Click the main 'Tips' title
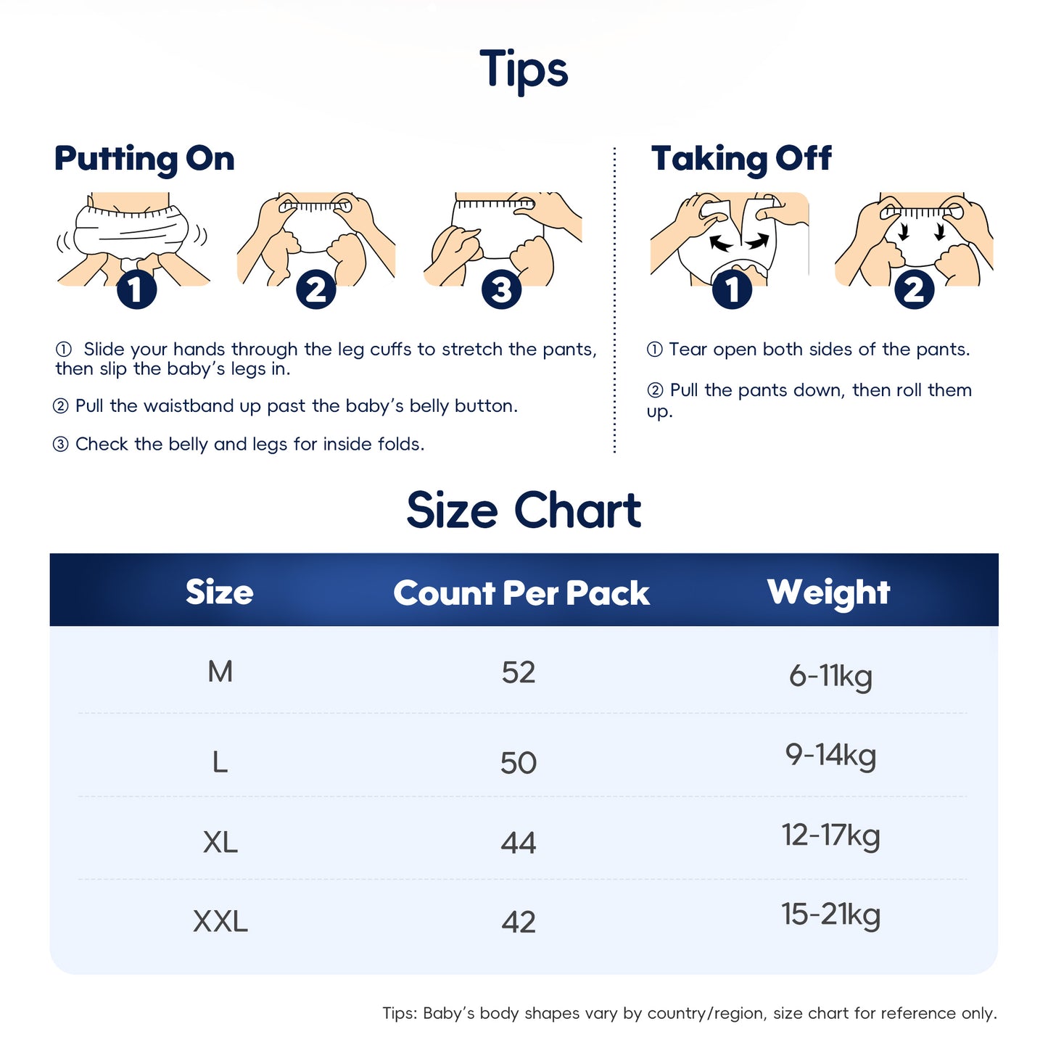click(523, 70)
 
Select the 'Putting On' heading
click(144, 160)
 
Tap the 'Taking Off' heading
click(740, 159)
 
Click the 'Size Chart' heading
click(524, 510)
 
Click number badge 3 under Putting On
click(501, 289)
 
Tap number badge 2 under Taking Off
click(914, 289)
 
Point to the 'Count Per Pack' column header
click(521, 593)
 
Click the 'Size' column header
click(219, 592)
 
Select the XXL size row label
click(220, 921)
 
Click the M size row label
click(220, 672)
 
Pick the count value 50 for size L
click(519, 762)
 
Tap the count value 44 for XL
click(519, 843)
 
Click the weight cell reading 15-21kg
click(830, 915)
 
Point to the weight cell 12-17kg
click(830, 835)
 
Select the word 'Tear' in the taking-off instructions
click(688, 349)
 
